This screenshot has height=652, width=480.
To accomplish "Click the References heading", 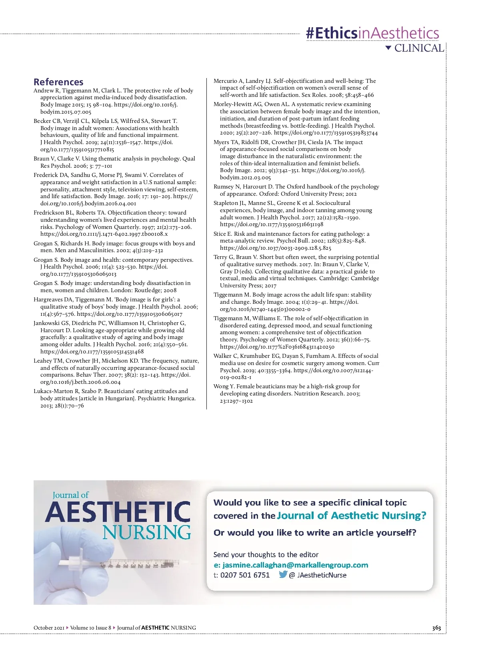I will coord(58,82).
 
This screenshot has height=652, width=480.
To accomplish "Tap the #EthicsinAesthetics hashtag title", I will coord(372,33).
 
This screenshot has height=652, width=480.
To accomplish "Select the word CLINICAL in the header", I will coord(419,48).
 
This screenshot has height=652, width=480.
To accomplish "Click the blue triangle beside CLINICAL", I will coord(388,48).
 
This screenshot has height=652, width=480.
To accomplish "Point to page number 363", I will coord(436,628).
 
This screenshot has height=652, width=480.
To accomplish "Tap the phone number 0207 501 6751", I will coord(245,575).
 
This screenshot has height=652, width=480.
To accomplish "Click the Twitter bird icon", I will coord(283,574).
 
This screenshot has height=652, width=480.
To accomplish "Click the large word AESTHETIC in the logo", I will coord(118,512).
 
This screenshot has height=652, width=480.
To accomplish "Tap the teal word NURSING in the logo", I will coord(146,532).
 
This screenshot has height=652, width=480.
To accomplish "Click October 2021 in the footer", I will coord(49,628).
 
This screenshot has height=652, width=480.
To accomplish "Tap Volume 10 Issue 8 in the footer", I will coord(91,628).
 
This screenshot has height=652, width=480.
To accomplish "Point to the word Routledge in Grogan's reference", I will coord(148,290).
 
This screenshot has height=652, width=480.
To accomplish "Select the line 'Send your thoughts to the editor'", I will coord(266,555).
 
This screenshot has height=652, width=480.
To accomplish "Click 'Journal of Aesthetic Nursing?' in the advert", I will coord(352,516).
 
